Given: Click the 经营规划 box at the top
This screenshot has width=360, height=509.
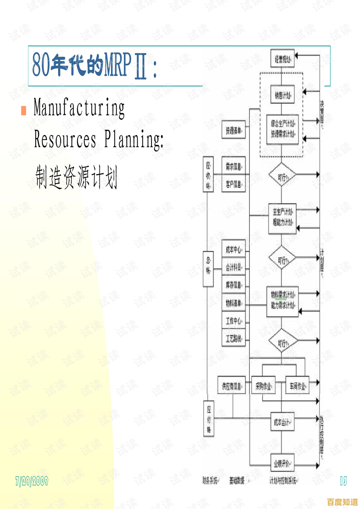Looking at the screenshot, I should pos(282,59).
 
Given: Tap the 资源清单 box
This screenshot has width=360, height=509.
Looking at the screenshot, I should pos(234,130).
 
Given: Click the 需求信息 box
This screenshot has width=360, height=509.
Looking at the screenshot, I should pos(234,166).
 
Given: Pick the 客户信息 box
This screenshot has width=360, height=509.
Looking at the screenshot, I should pos(234,184).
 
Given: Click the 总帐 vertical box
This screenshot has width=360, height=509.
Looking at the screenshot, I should pos(208,264).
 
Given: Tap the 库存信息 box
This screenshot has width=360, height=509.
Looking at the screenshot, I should pos(234,284).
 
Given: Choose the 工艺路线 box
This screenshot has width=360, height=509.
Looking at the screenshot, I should pos(234,338).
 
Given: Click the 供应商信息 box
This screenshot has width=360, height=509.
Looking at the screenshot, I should pos(232,385).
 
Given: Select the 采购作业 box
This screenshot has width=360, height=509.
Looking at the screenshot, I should pos(263,385).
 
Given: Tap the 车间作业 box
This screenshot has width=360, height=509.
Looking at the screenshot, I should pos(297,385).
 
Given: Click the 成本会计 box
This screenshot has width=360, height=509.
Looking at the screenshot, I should pos(282,422).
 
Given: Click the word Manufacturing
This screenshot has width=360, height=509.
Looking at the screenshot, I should pos(79,108).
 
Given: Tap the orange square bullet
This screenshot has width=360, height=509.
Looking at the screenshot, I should pos(24,110).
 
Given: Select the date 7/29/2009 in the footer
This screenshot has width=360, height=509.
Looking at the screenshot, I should pos(32,481).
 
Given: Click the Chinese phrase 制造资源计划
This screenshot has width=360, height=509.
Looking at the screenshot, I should pos(76,177).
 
